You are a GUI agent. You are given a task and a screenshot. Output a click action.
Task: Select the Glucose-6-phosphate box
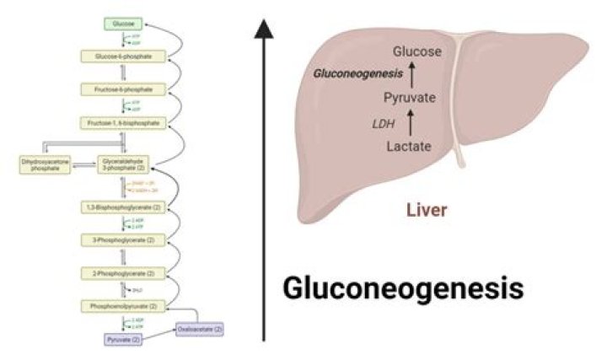pos(124,57)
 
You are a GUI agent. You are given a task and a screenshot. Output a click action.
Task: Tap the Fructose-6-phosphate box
pos(124,89)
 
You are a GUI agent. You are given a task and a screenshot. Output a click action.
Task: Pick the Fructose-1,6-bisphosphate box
pos(124,123)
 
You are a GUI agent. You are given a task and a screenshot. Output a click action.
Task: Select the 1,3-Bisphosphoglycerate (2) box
pos(124,207)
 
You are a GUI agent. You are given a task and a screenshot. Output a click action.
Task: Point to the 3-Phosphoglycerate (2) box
pos(124,240)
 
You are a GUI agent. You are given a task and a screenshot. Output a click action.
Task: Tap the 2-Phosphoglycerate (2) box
pos(124,273)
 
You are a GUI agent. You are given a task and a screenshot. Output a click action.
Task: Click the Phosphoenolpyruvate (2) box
pos(124,305)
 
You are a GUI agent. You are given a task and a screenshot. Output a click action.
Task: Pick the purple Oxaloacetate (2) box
pos(200,329)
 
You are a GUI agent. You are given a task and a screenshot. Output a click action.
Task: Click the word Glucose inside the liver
pos(411,52)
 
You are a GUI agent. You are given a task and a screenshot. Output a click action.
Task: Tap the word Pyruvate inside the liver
pos(410,99)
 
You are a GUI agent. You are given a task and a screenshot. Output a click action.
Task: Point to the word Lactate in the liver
pos(410,147)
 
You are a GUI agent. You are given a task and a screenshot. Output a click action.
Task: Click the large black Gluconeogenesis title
pos(402,288)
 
